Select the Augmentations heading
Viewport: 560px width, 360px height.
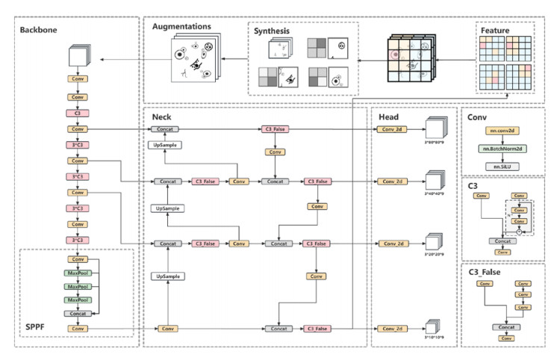pyautogui.click(x=181, y=26)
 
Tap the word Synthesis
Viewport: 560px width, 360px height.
pyautogui.click(x=272, y=31)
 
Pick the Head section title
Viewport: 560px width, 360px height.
pyautogui.click(x=388, y=117)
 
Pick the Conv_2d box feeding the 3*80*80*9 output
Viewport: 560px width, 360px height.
pyautogui.click(x=391, y=129)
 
